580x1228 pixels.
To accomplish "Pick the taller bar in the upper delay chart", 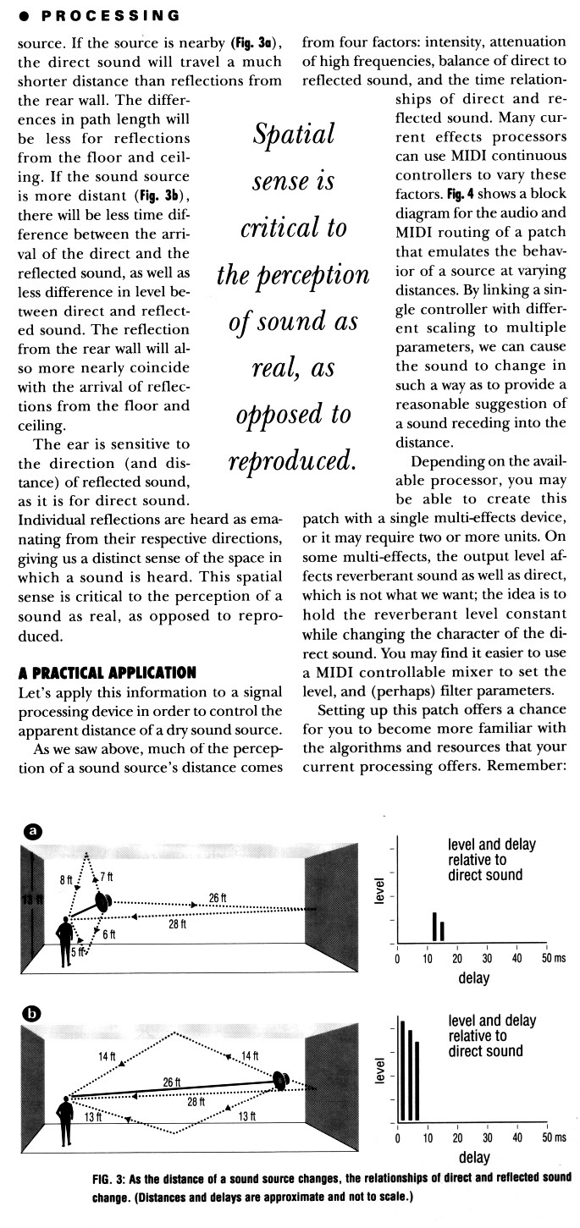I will tap(434, 927).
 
